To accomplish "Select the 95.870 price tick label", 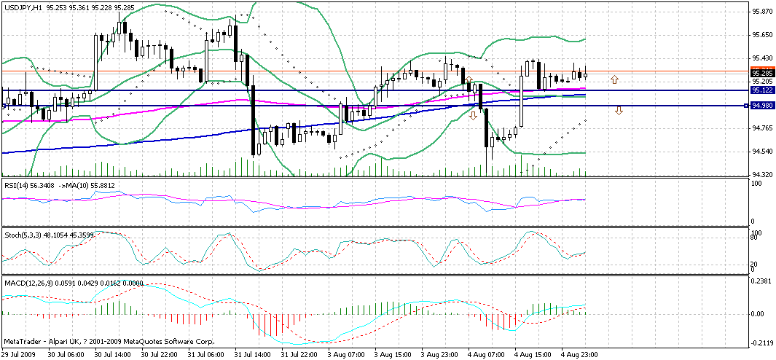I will point(762,12).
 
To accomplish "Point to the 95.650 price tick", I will point(762,35).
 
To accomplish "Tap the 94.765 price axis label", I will point(762,128).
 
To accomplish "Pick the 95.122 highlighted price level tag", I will point(762,90).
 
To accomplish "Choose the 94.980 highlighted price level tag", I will point(762,106).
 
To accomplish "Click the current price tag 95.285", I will point(762,73).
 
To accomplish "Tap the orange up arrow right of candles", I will point(615,79).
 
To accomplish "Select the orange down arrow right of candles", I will point(619,111).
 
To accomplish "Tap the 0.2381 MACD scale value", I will point(762,281).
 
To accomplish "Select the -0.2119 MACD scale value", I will point(762,343).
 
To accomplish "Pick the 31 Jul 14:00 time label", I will point(254,354).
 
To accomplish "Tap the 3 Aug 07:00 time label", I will point(345,354).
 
